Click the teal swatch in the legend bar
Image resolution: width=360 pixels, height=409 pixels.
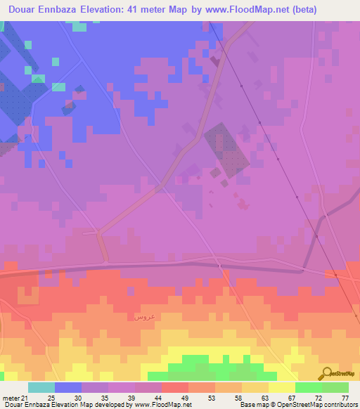[x=41, y=387]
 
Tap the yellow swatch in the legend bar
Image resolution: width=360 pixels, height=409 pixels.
[x=281, y=387]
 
